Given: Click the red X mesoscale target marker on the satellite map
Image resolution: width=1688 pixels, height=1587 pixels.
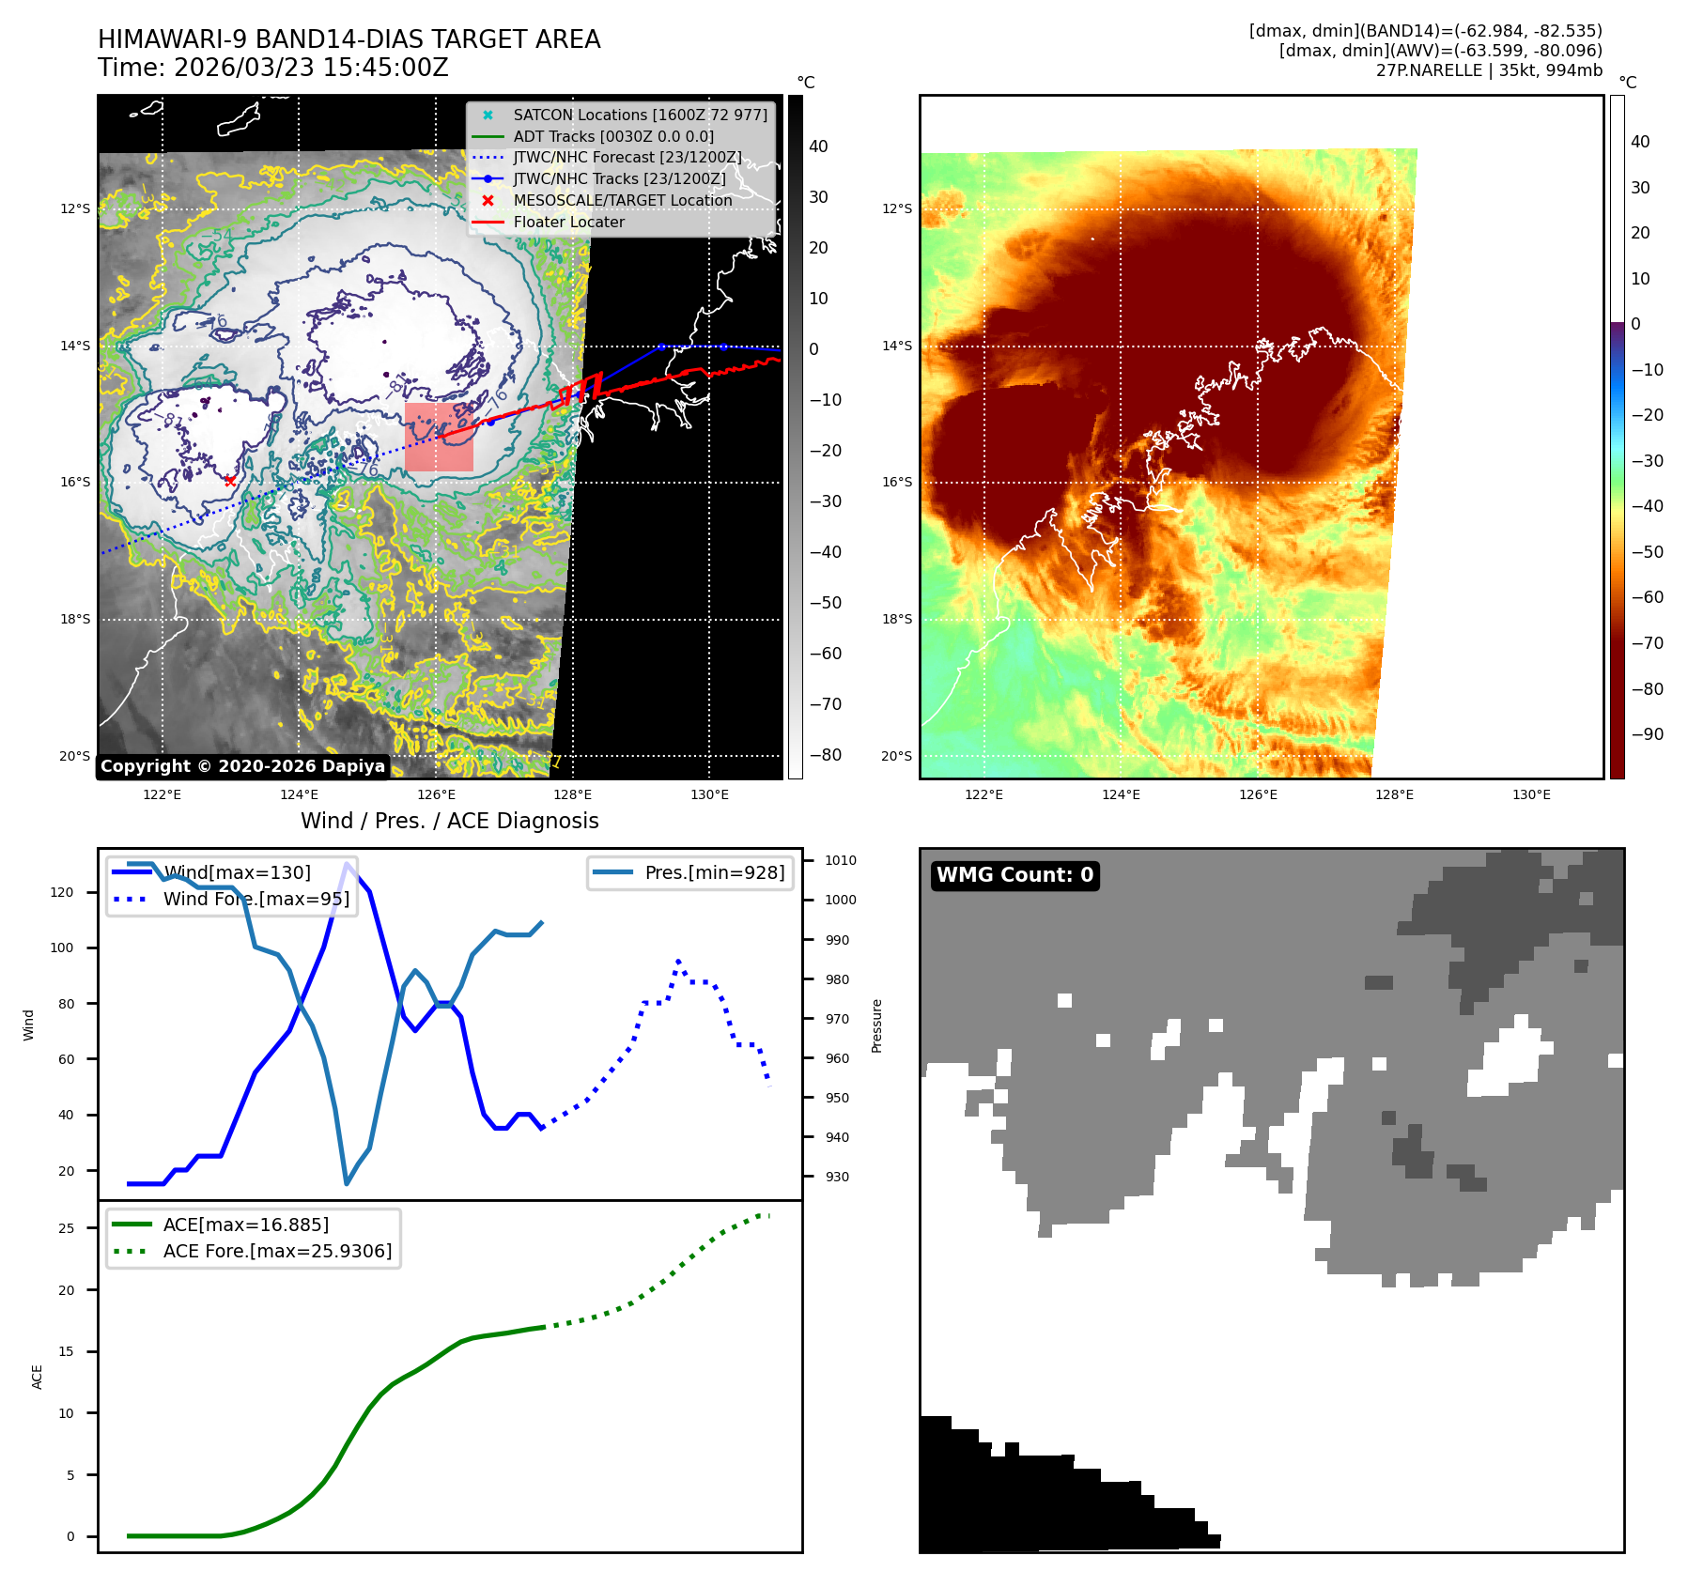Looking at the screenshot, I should [x=230, y=481].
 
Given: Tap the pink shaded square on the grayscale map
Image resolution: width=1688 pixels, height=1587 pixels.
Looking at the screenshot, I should [x=439, y=438].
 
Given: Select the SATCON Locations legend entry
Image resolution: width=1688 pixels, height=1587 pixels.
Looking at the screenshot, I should [x=640, y=115].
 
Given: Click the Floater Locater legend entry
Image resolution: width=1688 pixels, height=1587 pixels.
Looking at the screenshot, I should [x=568, y=222].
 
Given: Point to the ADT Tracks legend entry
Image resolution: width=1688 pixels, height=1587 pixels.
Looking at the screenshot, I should [x=613, y=136].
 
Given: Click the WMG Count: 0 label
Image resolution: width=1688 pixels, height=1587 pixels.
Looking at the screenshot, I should [x=1014, y=875].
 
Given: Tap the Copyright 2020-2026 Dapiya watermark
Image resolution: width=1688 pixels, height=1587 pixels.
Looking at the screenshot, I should [x=242, y=766].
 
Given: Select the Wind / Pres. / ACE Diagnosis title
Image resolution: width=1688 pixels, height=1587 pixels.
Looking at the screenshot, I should [x=449, y=821].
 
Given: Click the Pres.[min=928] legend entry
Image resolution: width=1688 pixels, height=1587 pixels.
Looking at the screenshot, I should [x=714, y=872].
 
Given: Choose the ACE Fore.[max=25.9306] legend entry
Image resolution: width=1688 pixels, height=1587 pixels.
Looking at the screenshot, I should [x=277, y=1251].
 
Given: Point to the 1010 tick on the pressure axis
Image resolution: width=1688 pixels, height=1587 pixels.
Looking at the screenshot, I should [x=841, y=860].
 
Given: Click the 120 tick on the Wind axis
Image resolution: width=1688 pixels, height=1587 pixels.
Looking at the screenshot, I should [x=62, y=892].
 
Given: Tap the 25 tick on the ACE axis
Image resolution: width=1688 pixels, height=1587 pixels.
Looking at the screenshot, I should [x=66, y=1228].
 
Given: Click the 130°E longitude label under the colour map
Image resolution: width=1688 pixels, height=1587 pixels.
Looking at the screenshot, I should [x=1531, y=794].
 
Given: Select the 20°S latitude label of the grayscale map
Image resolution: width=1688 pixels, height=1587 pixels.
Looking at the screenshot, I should [x=75, y=756].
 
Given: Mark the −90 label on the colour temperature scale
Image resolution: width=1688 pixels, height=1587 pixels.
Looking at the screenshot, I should [x=1647, y=734].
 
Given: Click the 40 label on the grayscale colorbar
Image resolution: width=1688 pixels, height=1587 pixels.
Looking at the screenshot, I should [x=818, y=146].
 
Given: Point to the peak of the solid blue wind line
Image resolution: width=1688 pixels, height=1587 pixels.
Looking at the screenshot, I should [x=348, y=864].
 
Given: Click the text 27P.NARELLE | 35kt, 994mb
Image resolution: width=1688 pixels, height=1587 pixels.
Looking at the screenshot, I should [x=1489, y=70].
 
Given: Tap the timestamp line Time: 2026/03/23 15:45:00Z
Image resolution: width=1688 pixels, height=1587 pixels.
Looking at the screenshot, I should [x=272, y=68].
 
